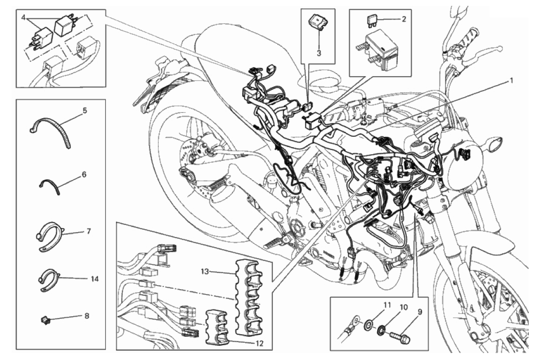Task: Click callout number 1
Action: click(512, 81)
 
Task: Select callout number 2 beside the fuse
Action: click(404, 19)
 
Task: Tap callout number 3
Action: click(319, 53)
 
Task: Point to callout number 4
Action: click(24, 19)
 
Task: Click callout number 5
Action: click(85, 109)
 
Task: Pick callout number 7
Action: click(88, 232)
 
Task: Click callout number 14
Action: click(94, 278)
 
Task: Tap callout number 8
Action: click(87, 316)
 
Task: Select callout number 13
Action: click(205, 270)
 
